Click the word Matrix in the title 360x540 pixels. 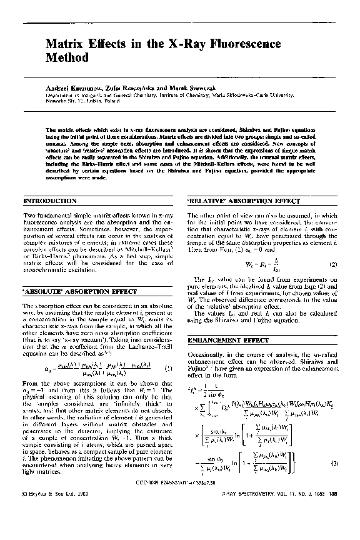point(65,44)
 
